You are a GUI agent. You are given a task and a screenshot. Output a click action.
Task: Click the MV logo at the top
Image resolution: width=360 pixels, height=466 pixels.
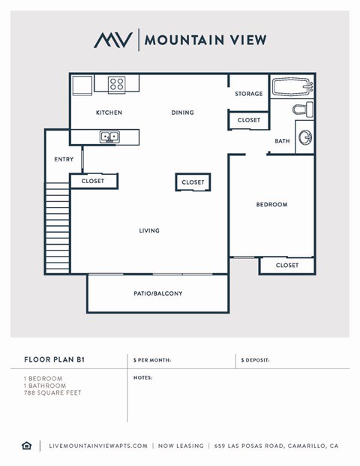coord(112,40)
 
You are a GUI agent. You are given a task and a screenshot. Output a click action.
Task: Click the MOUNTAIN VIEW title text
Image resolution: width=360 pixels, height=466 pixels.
coord(205,40)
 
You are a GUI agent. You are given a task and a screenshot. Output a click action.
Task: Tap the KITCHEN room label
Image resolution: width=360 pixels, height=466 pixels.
coord(109,113)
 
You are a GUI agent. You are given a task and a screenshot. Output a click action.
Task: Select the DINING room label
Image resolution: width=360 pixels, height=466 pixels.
coord(182,113)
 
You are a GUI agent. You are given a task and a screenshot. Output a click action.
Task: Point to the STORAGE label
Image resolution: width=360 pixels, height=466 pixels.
coord(248,94)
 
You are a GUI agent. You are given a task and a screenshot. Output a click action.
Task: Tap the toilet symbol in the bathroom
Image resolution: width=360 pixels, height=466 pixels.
coord(303,111)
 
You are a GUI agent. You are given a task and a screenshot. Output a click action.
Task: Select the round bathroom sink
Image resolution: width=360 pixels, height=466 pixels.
coord(305,137)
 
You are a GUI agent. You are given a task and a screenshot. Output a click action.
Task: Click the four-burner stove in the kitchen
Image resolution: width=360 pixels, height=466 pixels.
coord(116,84)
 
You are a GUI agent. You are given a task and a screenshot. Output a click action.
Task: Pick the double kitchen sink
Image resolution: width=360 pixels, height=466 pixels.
coord(109,137)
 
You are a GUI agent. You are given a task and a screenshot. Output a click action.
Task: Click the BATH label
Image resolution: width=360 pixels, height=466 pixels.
coord(282,141)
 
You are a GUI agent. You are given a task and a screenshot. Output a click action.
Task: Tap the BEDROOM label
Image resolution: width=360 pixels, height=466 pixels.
coord(271,204)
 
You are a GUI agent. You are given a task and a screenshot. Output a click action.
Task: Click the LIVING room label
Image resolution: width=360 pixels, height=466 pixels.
coord(149,230)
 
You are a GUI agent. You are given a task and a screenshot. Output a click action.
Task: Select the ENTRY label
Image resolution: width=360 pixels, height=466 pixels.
coord(64,159)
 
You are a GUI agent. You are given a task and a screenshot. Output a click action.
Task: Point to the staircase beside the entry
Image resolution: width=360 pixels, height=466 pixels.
coord(57,229)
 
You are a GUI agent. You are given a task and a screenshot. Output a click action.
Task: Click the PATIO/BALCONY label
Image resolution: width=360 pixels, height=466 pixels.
coord(158,293)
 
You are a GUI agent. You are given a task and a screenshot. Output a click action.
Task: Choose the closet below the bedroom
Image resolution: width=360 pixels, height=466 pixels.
coord(286,265)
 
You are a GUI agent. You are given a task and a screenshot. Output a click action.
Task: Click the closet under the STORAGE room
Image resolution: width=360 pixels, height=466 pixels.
coord(249,120)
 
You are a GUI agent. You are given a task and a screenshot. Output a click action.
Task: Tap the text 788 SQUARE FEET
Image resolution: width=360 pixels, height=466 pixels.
coord(52,392)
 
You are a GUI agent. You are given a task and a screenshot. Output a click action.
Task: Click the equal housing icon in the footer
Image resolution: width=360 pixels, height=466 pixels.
coord(27,446)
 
